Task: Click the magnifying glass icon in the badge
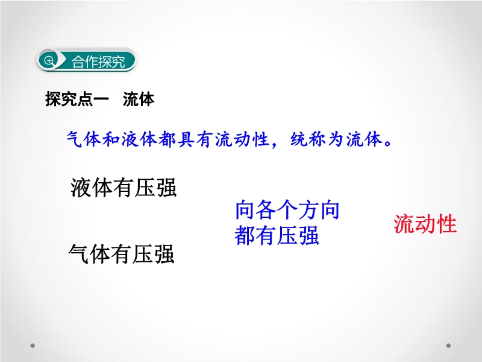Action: [49, 61]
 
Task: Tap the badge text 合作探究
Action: [98, 62]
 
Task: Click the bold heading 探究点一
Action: [77, 99]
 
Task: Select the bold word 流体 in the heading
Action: [139, 99]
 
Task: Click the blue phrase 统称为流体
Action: [337, 139]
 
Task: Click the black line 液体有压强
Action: [124, 188]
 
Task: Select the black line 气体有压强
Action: [122, 254]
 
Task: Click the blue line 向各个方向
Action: [287, 210]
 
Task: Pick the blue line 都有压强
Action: [277, 235]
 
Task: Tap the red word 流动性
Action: [425, 224]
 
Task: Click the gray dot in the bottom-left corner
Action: [33, 346]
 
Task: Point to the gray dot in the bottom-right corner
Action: [448, 346]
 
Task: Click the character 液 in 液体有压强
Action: [81, 188]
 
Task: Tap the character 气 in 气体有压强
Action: [79, 254]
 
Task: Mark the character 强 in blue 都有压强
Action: [308, 235]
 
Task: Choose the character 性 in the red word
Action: [446, 224]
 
